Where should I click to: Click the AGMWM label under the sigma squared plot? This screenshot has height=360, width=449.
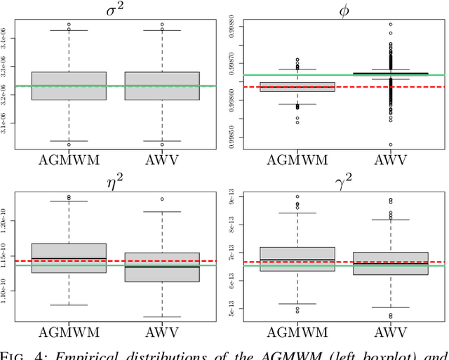pos(69,159)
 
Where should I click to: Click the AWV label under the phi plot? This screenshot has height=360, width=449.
pos(390,159)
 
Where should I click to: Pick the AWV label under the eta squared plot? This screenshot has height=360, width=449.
pos(162,332)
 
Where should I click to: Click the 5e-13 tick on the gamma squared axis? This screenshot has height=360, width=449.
pos(233,309)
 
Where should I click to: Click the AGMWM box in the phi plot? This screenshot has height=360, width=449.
pos(297,86)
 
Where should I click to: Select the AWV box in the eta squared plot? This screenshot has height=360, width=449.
pos(162,267)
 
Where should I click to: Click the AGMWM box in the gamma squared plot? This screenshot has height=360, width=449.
pos(297,259)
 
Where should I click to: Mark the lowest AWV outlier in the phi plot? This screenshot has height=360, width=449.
pos(390,145)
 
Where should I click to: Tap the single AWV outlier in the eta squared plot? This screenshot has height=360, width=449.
pos(162,199)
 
